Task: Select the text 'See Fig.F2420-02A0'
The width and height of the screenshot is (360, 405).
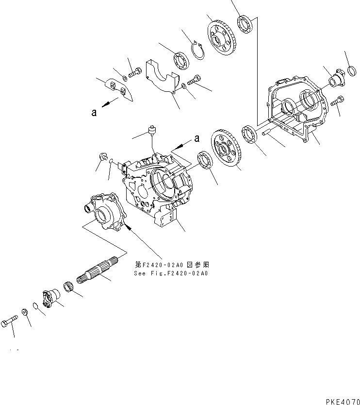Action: [x=171, y=273]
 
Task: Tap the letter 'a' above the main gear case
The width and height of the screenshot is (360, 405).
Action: [x=197, y=138]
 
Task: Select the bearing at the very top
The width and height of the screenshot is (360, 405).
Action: [x=244, y=24]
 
